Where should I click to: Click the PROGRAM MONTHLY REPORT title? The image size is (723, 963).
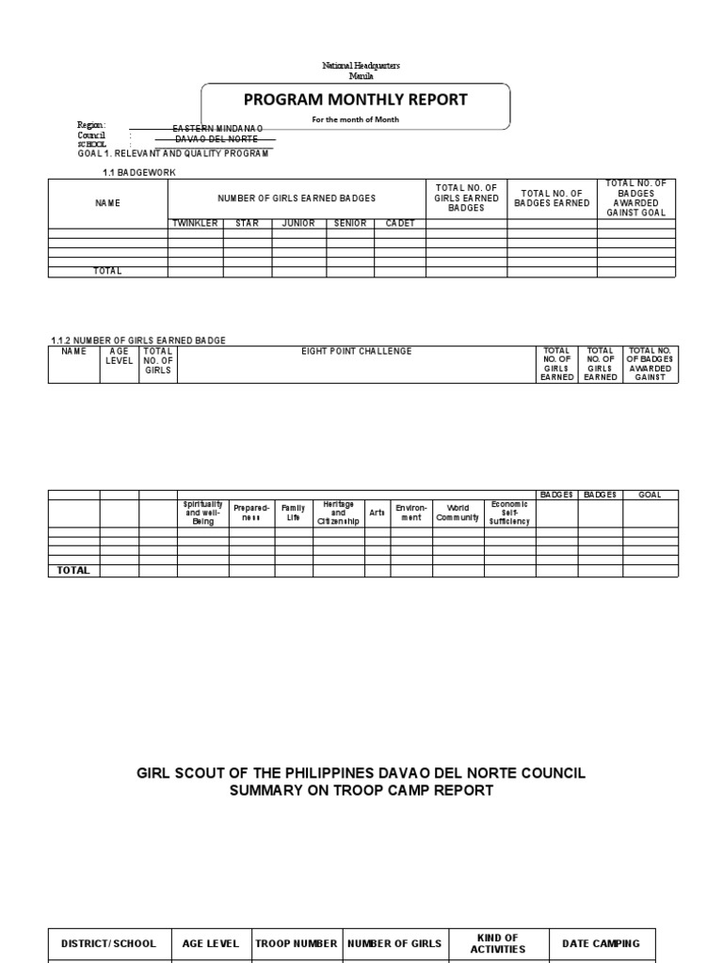tap(356, 100)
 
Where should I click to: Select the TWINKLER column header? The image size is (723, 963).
tap(195, 223)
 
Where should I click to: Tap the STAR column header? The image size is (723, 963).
tap(248, 223)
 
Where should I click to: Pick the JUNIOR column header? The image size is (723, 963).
tap(298, 223)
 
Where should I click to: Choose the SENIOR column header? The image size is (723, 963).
tap(349, 223)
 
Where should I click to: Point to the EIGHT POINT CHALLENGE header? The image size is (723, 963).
tap(356, 352)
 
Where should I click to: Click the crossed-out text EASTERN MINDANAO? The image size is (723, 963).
tap(217, 127)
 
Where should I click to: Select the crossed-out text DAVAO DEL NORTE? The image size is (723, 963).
tap(217, 138)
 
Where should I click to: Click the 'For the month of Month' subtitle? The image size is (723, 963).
tap(356, 120)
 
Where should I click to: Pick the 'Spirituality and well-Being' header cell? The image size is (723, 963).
tap(202, 513)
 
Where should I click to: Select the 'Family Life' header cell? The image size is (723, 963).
tap(293, 513)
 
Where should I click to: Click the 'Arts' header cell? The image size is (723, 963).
tap(377, 513)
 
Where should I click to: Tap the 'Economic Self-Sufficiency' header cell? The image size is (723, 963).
tap(509, 513)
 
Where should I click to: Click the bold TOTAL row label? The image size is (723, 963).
tap(74, 570)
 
